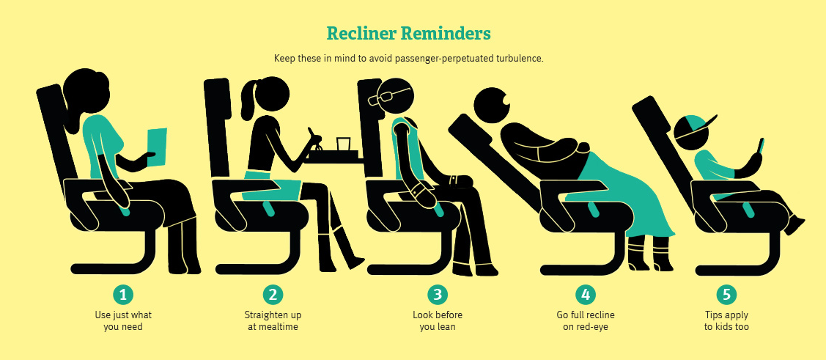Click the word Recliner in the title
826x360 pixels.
coord(361,34)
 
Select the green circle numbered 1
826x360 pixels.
coord(123,295)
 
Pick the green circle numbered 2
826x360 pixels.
coord(273,295)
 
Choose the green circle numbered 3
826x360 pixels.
coord(438,295)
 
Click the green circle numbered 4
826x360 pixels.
coord(586,295)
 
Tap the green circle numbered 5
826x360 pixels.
coord(726,295)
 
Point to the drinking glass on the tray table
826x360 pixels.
coord(344,144)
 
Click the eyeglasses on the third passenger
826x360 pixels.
coord(390,96)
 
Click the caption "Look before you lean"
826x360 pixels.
coord(438,321)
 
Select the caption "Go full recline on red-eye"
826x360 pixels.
coord(586,321)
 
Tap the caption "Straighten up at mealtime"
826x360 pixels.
coord(273,321)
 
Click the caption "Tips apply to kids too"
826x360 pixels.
coord(726,321)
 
